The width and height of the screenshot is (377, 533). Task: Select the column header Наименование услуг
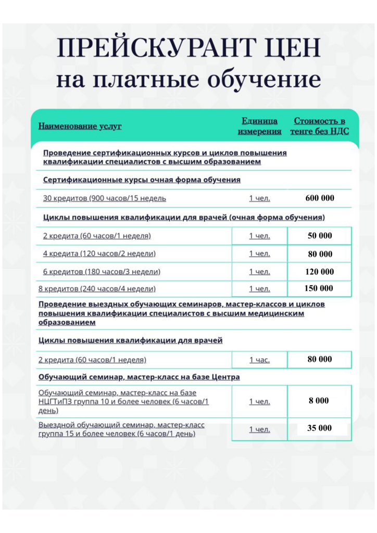pos(80,126)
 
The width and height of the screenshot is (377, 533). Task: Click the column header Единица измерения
pos(259,126)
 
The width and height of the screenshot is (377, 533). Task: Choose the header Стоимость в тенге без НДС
pos(319,126)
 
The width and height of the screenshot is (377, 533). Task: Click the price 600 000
pos(320,198)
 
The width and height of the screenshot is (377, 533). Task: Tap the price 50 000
pos(320,236)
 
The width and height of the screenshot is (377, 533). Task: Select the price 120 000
pos(320,272)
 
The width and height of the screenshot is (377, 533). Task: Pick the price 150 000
pos(319,288)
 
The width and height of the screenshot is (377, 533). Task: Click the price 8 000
pos(319,401)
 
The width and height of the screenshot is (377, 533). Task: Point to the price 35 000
pos(319,428)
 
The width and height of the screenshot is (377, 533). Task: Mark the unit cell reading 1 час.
pos(259,360)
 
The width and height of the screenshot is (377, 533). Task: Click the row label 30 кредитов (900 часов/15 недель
pos(105,198)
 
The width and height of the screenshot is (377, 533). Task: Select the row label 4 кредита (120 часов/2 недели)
pos(99,254)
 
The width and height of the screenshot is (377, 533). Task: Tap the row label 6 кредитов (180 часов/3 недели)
pos(102,272)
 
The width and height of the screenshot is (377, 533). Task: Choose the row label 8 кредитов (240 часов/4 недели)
pos(97,289)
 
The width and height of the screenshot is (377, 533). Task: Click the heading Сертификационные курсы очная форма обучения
pos(142,180)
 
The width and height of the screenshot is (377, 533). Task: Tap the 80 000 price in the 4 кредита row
pos(320,254)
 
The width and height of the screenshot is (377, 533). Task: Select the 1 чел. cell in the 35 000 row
pos(259,429)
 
